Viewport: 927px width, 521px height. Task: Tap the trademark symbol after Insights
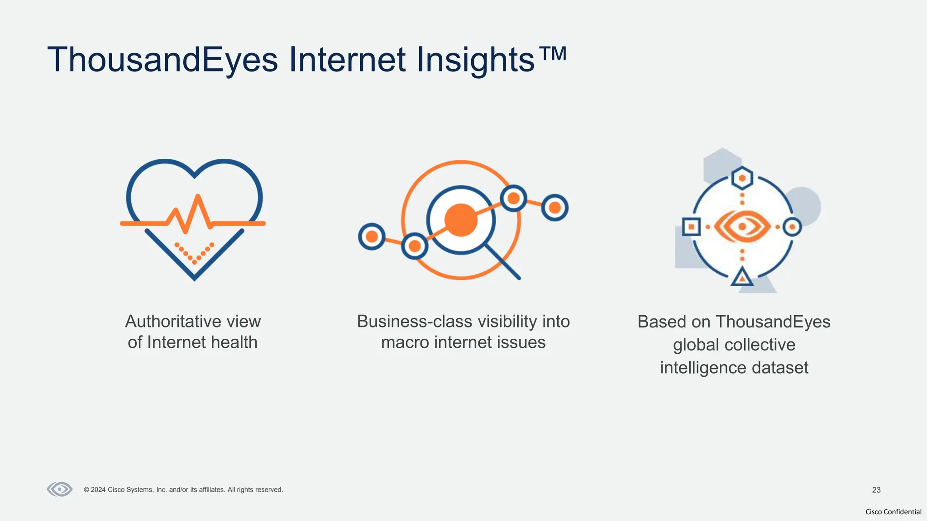[553, 54]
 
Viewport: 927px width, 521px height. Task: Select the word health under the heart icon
[234, 342]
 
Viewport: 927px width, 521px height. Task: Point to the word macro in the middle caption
[404, 342]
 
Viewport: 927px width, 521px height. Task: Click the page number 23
[876, 490]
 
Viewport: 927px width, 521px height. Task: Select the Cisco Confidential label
[893, 512]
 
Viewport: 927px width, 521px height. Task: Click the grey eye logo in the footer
[60, 489]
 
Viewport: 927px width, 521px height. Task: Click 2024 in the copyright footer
[98, 490]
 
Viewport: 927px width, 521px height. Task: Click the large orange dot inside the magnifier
[461, 220]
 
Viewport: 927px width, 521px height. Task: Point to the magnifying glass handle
[503, 262]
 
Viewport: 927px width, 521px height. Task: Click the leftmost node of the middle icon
[372, 237]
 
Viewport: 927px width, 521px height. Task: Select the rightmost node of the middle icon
[555, 208]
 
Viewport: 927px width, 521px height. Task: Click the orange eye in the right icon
[742, 227]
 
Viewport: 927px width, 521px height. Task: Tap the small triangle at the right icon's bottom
[742, 277]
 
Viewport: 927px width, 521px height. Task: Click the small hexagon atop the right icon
[742, 178]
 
